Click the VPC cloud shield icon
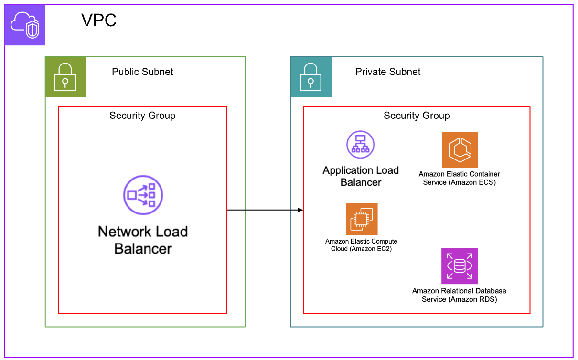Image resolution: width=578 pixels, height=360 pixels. pos(25,25)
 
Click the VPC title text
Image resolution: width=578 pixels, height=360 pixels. pos(99,21)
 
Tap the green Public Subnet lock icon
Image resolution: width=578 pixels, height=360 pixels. pos(65,77)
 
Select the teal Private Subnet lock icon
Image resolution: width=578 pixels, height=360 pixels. pos(311,77)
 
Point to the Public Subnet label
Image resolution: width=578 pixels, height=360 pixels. pos(142,72)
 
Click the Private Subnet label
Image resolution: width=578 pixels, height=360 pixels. pos(388,72)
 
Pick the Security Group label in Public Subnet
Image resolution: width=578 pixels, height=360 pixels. pos(142,116)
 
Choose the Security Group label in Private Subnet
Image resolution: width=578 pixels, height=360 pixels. pos(417,116)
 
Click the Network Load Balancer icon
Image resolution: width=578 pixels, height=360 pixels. pos(143,195)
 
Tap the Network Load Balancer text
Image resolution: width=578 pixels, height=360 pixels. pos(143,240)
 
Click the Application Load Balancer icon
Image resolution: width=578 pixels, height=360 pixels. pos(361,144)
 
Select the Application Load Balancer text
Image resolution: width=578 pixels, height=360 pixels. pos(361,176)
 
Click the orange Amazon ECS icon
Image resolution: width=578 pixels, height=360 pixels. pos(460,150)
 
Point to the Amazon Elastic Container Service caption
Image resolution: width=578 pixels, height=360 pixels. pos(460,178)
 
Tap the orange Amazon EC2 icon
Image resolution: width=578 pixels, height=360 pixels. pos(362,220)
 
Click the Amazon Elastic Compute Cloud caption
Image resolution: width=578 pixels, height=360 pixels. pos(361,245)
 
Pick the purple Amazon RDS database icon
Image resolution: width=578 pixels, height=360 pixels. pos(460,266)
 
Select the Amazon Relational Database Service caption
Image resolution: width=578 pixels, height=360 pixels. pos(460,295)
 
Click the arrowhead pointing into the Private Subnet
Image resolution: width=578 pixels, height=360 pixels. pos(300,210)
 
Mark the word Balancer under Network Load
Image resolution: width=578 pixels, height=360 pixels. pos(143,249)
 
